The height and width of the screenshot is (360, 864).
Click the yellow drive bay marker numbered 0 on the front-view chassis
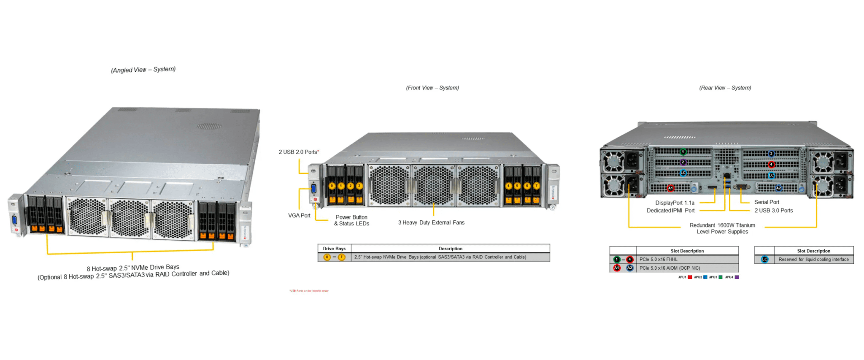point(332,186)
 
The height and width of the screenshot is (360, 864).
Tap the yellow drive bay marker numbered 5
point(518,186)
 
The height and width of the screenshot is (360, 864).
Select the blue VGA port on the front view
point(313,188)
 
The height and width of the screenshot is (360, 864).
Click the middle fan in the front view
point(433,185)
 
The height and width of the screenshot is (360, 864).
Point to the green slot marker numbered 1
point(683,152)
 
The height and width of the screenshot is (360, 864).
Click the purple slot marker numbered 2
point(683,162)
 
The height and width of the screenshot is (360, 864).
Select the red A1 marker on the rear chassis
point(671,188)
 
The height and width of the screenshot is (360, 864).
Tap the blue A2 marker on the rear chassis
point(779,188)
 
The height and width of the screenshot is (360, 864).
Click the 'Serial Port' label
point(767,202)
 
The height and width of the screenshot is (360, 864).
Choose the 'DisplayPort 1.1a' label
point(675,203)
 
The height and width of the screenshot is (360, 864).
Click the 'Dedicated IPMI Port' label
point(670,210)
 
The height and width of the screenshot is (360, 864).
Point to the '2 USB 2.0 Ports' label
point(298,152)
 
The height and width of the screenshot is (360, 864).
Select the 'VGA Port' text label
point(299,215)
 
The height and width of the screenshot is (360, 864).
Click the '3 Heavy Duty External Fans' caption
point(431,222)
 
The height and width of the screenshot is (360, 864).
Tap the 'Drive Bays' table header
point(334,249)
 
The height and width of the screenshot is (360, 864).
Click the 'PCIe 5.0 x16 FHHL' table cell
point(658,260)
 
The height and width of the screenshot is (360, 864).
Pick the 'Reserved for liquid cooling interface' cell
point(813,260)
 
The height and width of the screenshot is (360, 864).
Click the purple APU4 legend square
point(737,277)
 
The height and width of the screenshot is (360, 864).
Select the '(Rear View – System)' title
point(725,88)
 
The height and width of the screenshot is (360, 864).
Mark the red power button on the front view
point(315,199)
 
